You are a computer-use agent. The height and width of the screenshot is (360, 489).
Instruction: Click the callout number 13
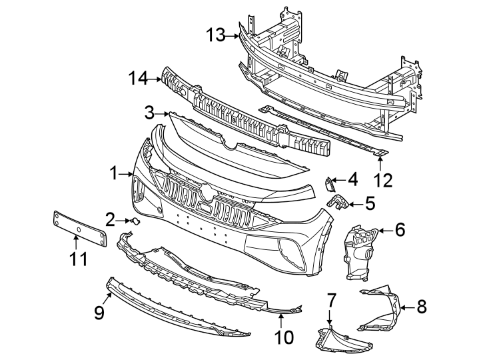217,35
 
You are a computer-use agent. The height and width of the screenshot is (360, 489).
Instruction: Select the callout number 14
138,79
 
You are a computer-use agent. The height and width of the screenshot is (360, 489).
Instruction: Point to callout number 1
114,173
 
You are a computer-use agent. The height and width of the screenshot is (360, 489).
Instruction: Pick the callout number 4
352,179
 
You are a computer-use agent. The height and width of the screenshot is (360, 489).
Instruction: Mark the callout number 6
400,230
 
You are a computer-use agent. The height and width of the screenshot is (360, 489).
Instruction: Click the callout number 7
330,301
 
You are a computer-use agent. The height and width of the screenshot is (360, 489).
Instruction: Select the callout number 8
421,307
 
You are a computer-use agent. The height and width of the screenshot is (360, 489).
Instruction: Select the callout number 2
110,218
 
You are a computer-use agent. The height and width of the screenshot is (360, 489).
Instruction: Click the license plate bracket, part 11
79,229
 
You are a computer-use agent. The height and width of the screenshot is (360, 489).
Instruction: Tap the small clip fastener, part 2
135,221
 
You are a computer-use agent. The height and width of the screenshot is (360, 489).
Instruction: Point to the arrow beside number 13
236,36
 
